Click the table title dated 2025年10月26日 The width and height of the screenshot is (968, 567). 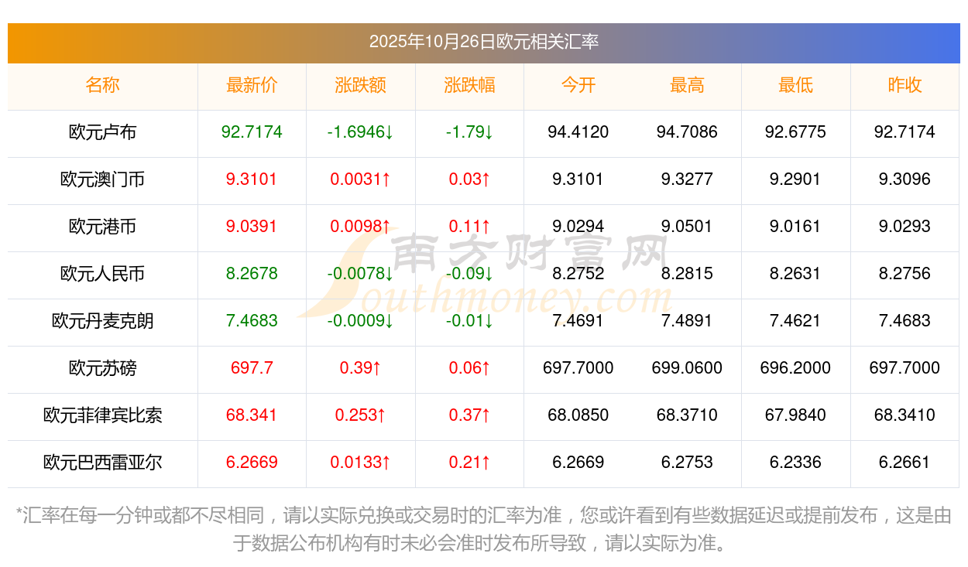pyautogui.click(x=483, y=42)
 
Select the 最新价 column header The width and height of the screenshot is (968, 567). pyautogui.click(x=252, y=85)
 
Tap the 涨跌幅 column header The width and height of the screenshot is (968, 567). pyautogui.click(x=469, y=85)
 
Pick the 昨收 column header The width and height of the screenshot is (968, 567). pyautogui.click(x=904, y=85)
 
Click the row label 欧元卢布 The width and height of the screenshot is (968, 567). pyautogui.click(x=102, y=132)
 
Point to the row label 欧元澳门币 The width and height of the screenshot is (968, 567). pyautogui.click(x=102, y=179)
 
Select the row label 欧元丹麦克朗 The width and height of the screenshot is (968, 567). pyautogui.click(x=102, y=321)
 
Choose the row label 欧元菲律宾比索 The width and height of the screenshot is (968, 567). pyautogui.click(x=102, y=415)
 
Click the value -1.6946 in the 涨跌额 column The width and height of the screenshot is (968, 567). pyautogui.click(x=360, y=132)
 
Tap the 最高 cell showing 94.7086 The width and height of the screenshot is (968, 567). pyautogui.click(x=687, y=132)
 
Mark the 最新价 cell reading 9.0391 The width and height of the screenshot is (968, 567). pyautogui.click(x=252, y=227)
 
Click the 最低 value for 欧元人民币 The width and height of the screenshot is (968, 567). pyautogui.click(x=795, y=274)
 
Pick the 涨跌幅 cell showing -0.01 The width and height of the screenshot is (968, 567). pyautogui.click(x=469, y=321)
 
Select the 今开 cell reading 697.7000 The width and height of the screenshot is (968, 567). pyautogui.click(x=578, y=368)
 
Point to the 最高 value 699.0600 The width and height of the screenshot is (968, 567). pyautogui.click(x=687, y=368)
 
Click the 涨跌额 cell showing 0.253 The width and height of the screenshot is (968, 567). pyautogui.click(x=360, y=415)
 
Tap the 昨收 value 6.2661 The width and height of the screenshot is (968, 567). pyautogui.click(x=904, y=463)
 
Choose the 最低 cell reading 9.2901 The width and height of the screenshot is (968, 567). pyautogui.click(x=795, y=179)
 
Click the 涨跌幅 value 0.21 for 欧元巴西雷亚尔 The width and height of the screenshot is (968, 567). pyautogui.click(x=469, y=463)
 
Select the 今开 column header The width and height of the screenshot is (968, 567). pyautogui.click(x=578, y=85)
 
